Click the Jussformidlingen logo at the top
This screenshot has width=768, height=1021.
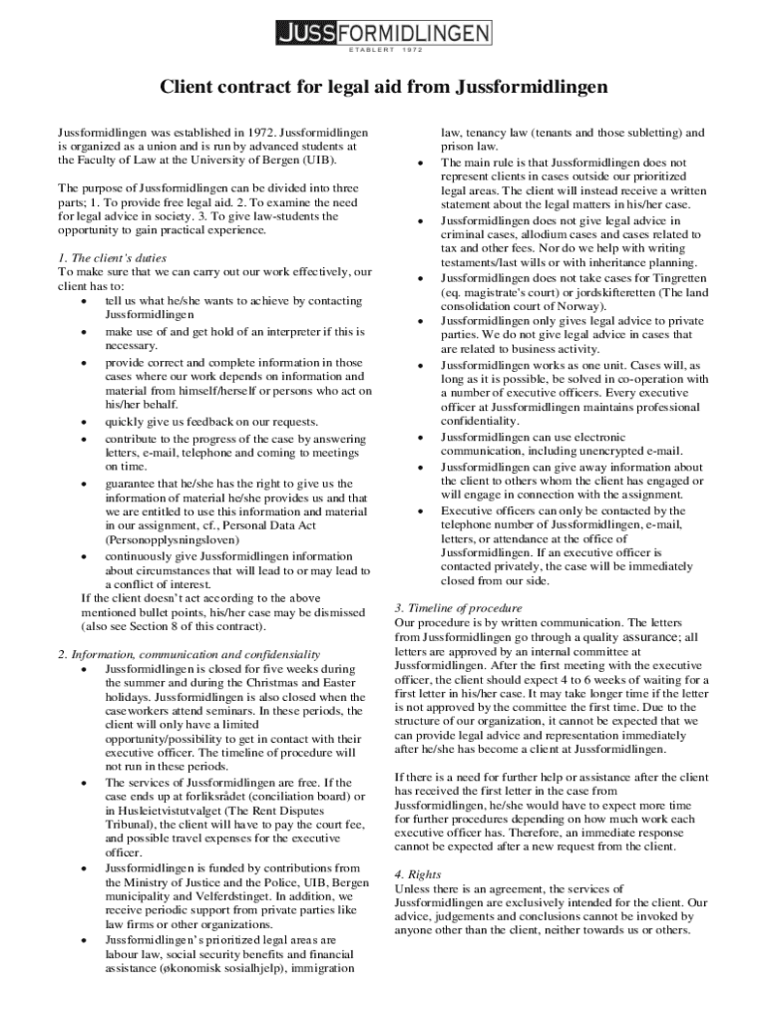pyautogui.click(x=383, y=34)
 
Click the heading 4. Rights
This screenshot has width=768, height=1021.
pyautogui.click(x=418, y=874)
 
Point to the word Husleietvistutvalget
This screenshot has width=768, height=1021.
pyautogui.click(x=174, y=810)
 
